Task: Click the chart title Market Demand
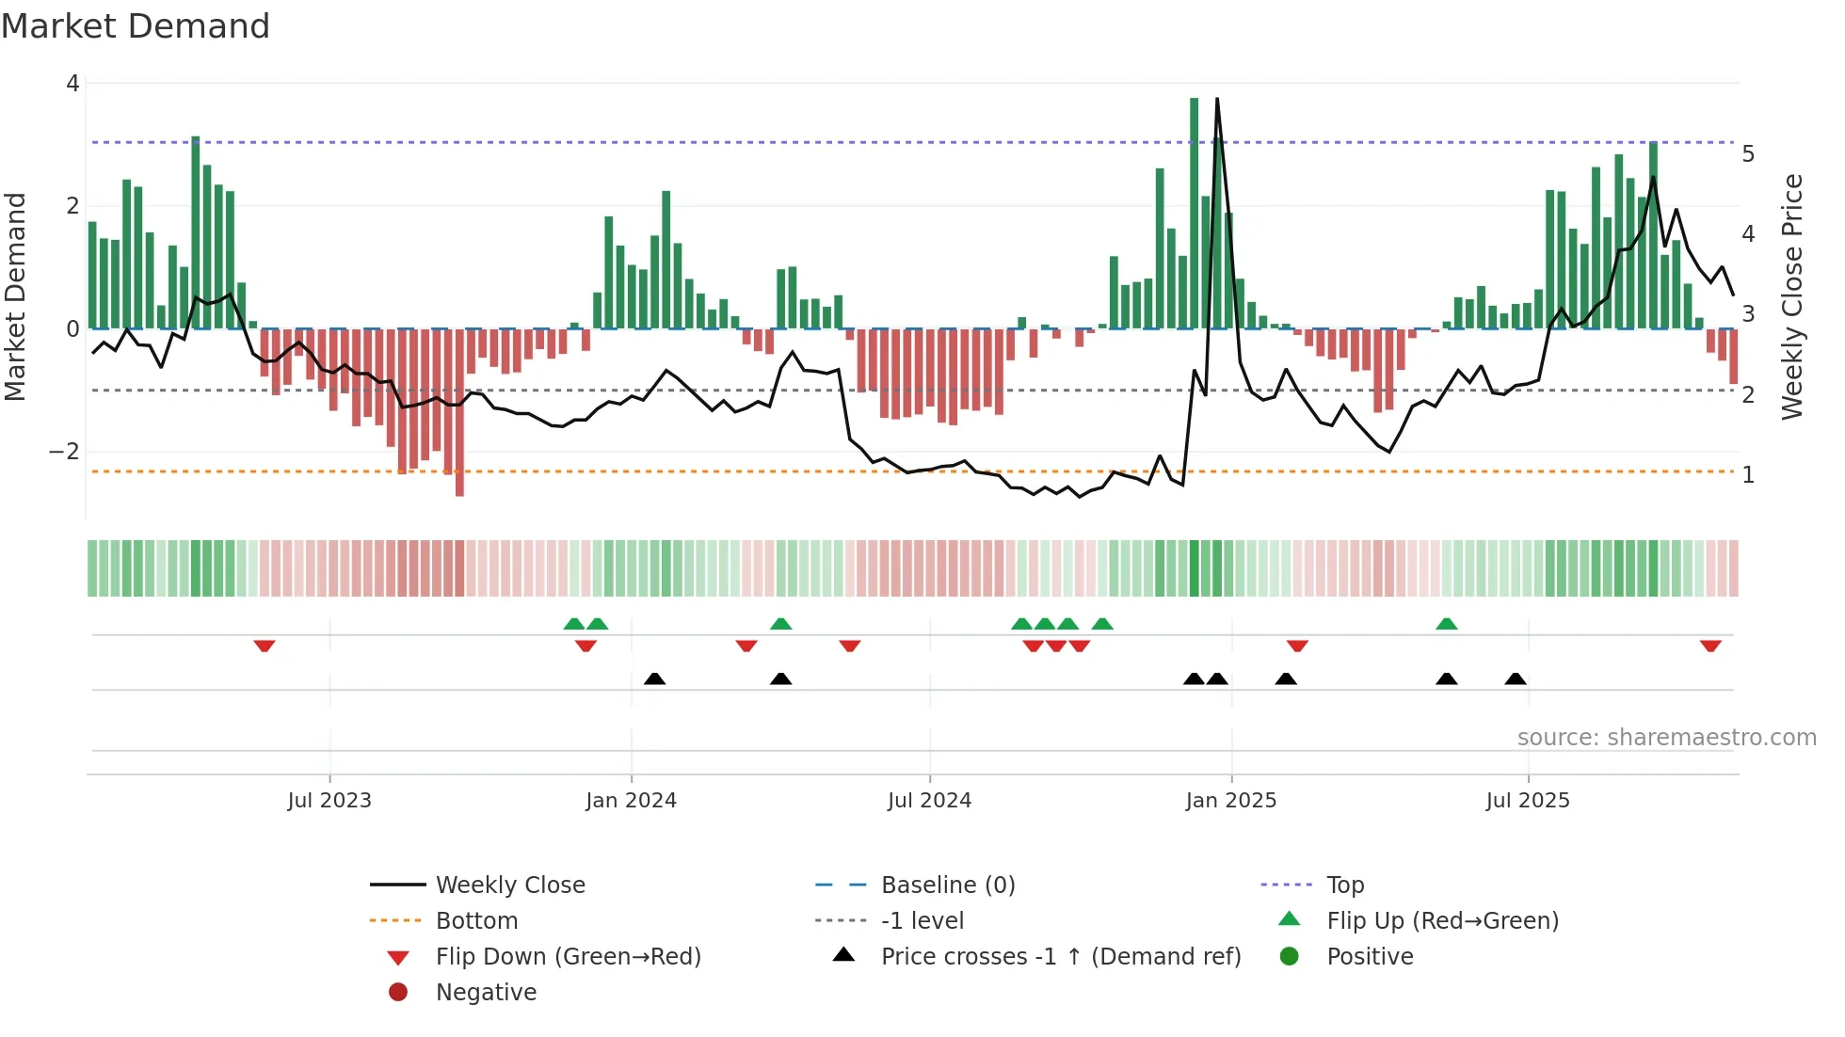tap(136, 26)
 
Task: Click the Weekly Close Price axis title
tap(1792, 296)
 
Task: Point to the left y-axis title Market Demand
tap(15, 296)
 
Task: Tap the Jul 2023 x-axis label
tap(329, 801)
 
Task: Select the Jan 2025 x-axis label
tap(1230, 801)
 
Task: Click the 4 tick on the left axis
tap(72, 84)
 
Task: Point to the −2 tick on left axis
tap(65, 452)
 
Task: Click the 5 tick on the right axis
tap(1748, 154)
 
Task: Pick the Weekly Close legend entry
tap(509, 885)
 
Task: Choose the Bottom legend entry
tap(476, 921)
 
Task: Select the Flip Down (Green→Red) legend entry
tap(568, 957)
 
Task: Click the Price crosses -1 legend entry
tap(1060, 957)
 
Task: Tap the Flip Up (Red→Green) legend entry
tap(1442, 921)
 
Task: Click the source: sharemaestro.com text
tap(1666, 738)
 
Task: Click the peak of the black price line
tap(1217, 99)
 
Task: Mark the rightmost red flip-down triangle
tap(1710, 646)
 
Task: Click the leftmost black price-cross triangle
tap(654, 678)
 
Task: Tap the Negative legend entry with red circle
tap(486, 993)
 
